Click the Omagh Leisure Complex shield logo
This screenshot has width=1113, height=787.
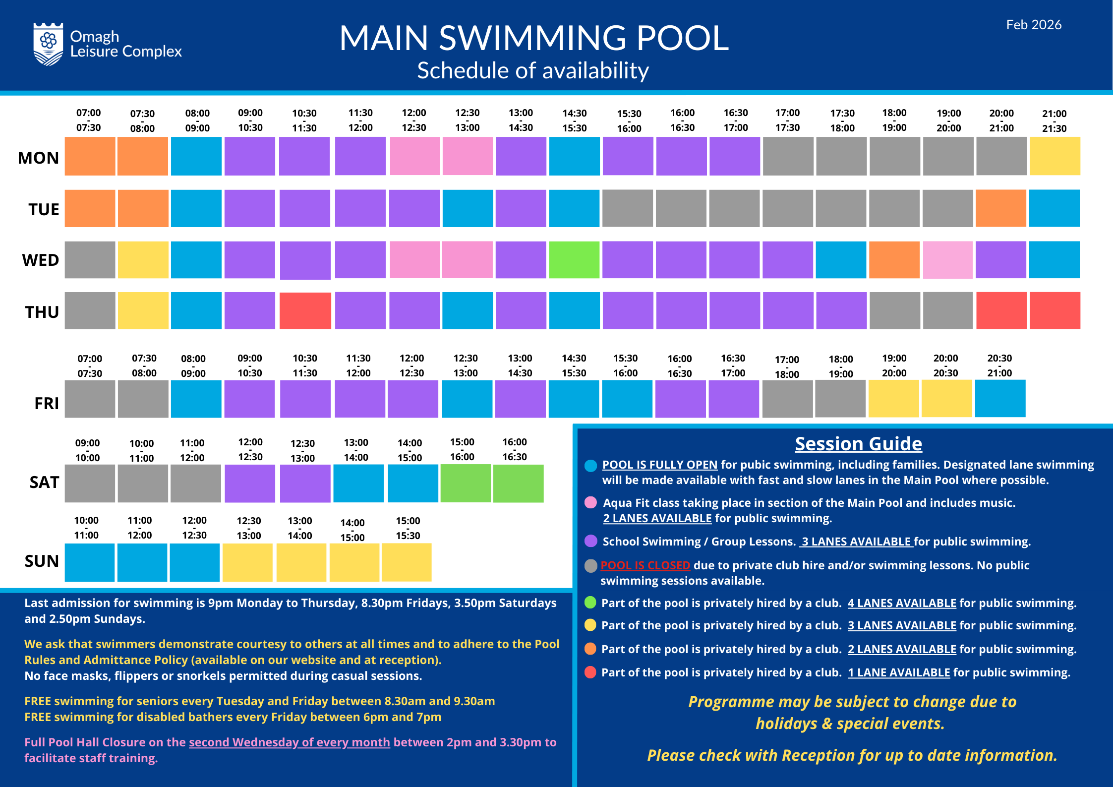(x=48, y=44)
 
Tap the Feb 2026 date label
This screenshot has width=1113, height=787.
(x=1034, y=25)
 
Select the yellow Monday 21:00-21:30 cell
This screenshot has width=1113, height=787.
(x=1054, y=156)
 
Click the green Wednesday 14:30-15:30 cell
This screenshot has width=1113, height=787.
(x=574, y=260)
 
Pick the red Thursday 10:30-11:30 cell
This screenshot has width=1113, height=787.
(x=305, y=311)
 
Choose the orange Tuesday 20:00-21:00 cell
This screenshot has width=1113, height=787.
(x=1000, y=208)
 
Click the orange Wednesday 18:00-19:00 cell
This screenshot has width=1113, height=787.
(x=894, y=260)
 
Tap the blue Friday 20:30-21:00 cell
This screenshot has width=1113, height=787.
(x=1000, y=399)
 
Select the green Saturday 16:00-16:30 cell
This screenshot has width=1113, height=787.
(x=518, y=484)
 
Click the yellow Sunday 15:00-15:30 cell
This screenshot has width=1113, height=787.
(x=407, y=562)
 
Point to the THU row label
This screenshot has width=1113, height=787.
(x=42, y=312)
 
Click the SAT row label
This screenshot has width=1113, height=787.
(x=44, y=482)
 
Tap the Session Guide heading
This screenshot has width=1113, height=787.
(x=858, y=443)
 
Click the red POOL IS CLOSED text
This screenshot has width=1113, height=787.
(x=645, y=565)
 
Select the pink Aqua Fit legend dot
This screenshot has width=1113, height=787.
(x=590, y=503)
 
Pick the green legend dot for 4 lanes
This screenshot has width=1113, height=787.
(x=590, y=603)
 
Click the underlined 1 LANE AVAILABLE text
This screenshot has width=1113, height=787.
(x=898, y=672)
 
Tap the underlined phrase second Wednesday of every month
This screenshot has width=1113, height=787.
(x=289, y=742)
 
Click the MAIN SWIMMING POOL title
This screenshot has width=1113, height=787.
(x=534, y=38)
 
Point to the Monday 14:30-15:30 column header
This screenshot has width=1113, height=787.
(x=574, y=121)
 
